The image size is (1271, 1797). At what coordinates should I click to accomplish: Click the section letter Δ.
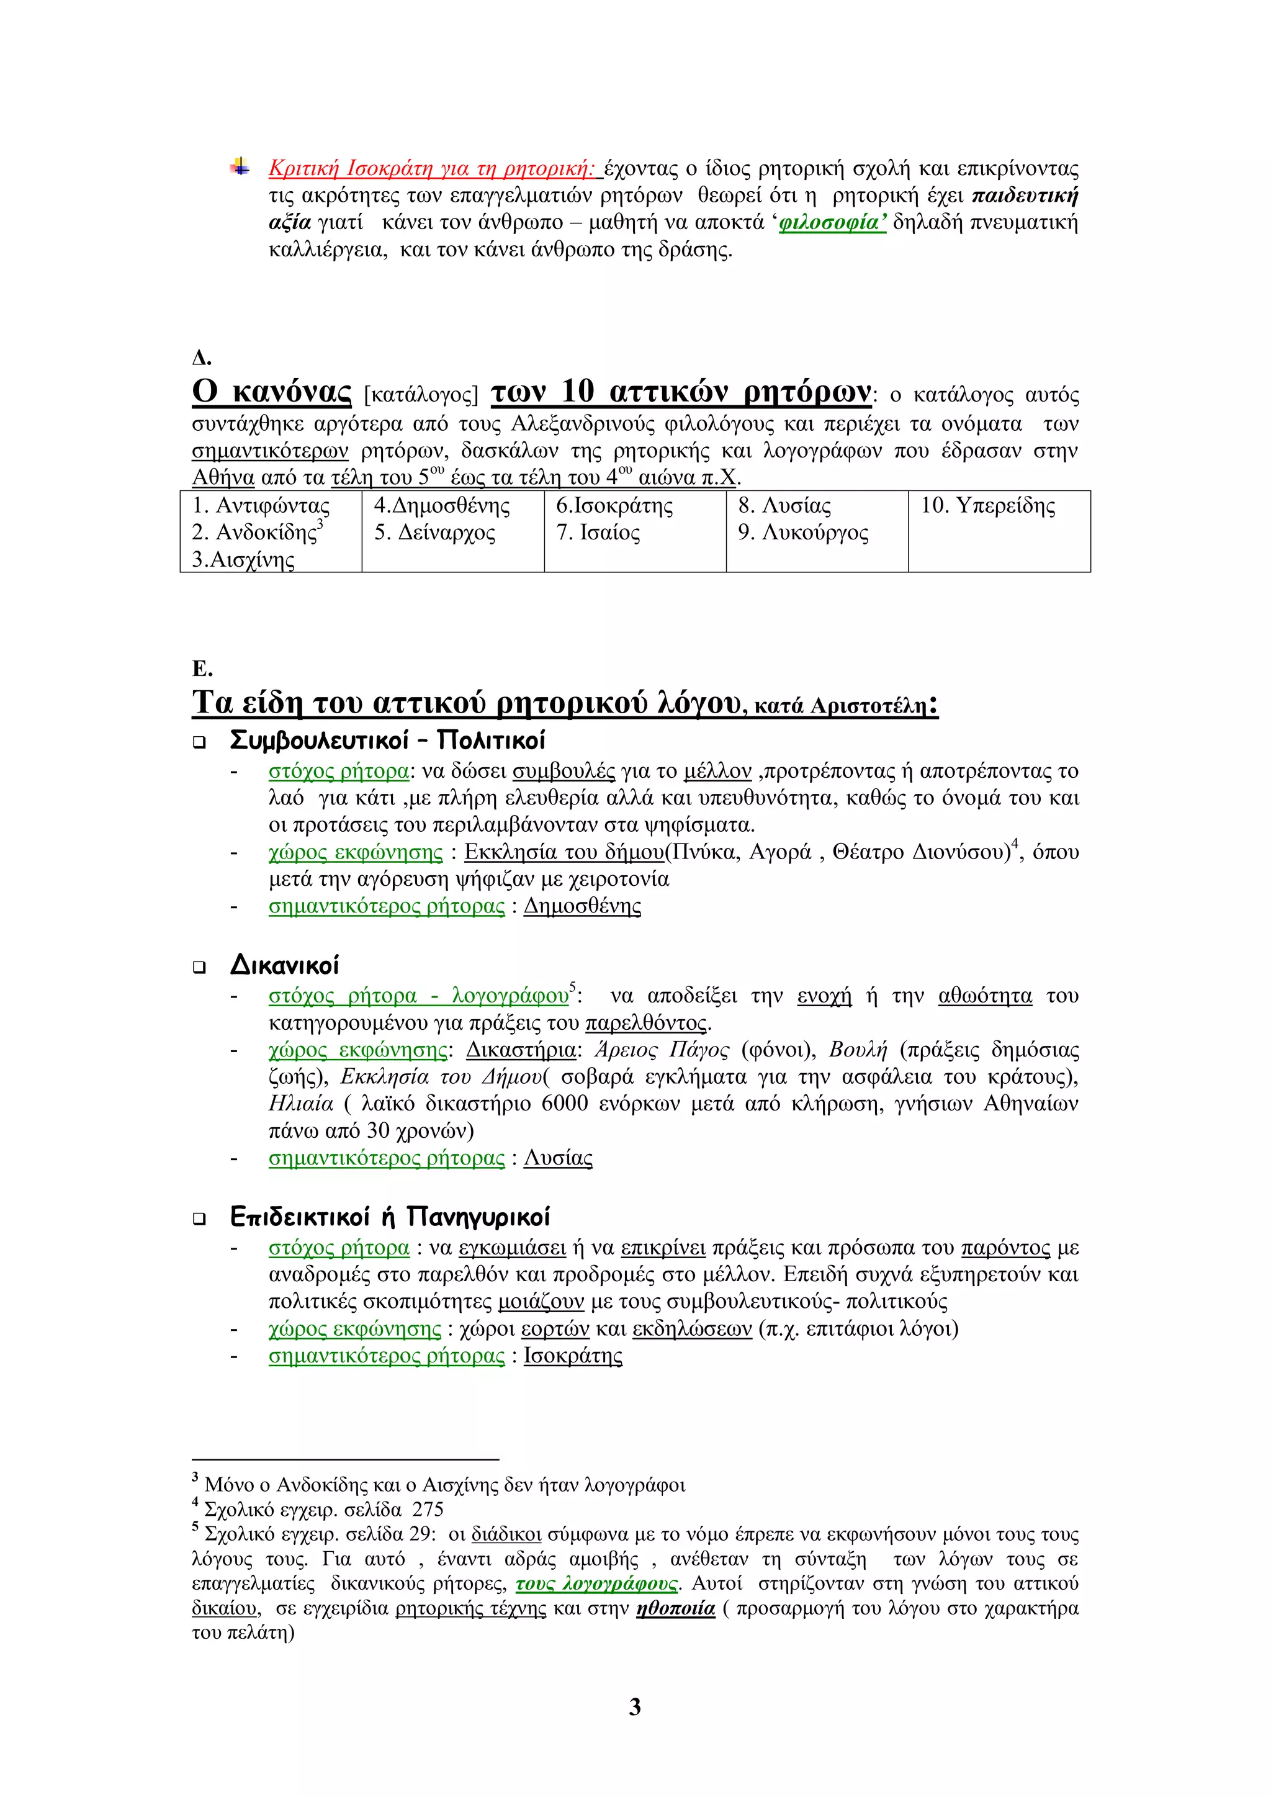[201, 358]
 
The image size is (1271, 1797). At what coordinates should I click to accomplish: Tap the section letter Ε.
[202, 669]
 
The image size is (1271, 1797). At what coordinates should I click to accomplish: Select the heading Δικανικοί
[284, 965]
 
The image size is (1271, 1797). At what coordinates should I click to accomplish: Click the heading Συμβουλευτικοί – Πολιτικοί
[387, 740]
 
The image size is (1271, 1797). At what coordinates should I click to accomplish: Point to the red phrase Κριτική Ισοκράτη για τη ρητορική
[432, 169]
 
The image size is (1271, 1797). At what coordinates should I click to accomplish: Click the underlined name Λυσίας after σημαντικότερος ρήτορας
[557, 1158]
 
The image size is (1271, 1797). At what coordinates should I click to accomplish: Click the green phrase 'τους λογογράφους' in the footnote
[596, 1584]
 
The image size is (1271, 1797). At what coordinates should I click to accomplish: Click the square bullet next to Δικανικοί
[200, 967]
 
